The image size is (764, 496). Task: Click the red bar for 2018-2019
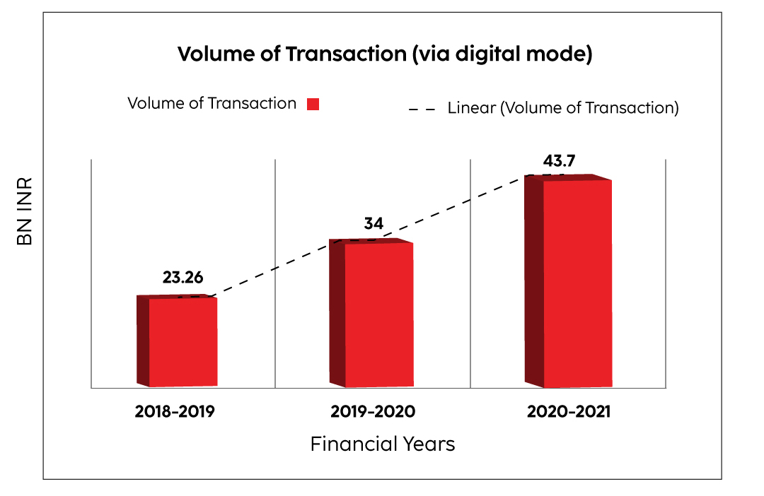tap(183, 342)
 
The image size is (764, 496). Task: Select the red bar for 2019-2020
tap(378, 314)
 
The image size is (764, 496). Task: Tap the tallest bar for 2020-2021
tap(577, 283)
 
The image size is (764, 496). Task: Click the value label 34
tap(374, 224)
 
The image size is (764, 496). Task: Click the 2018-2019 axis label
tap(174, 411)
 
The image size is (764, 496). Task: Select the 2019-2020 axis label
tap(373, 411)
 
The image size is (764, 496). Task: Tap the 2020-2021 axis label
tap(568, 411)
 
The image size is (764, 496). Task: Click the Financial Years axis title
tap(382, 444)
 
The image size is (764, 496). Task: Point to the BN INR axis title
tap(25, 211)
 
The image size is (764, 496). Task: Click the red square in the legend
tap(313, 105)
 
